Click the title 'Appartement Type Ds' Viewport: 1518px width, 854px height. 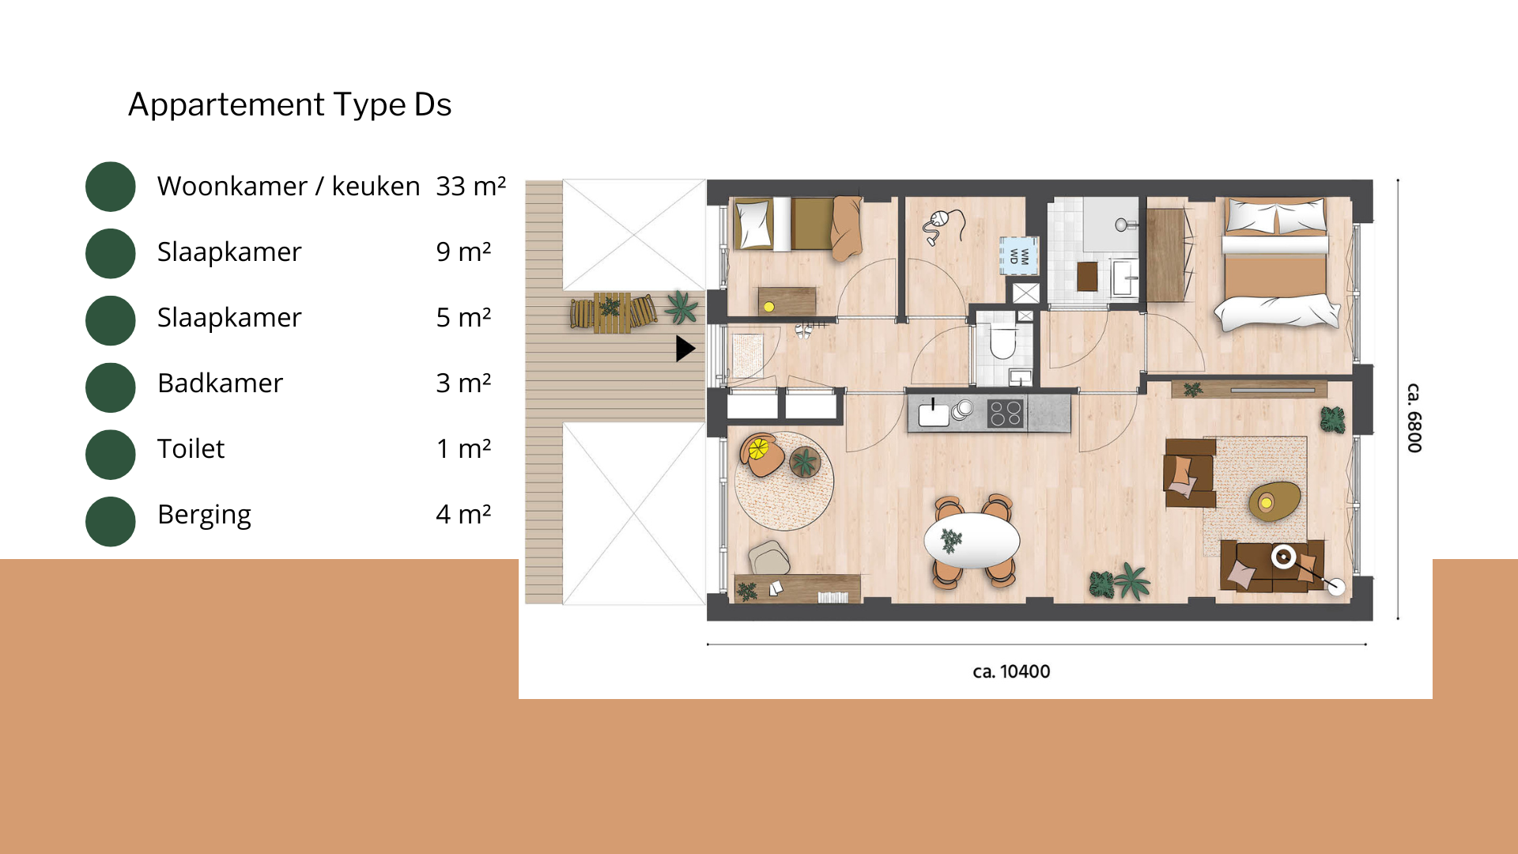tap(289, 104)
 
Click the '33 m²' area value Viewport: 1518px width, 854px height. tap(470, 186)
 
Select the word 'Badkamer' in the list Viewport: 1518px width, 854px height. tap(220, 383)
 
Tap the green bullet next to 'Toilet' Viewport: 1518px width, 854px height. tap(111, 455)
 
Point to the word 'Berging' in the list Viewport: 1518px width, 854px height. tap(204, 515)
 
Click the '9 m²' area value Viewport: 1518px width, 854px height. tap(463, 251)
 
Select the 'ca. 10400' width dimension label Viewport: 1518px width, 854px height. tap(1011, 671)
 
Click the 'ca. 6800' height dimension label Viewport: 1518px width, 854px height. tap(1414, 418)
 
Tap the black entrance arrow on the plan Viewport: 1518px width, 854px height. tap(685, 349)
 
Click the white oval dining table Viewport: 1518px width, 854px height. tap(972, 541)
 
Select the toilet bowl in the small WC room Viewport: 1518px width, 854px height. tap(1003, 342)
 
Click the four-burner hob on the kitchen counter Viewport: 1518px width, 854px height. tap(1006, 413)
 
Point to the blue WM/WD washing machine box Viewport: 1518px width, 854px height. tap(1018, 255)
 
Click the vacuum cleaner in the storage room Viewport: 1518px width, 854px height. tap(943, 225)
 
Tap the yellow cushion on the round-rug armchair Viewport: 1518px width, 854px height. tap(758, 449)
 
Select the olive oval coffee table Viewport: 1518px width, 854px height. tap(1274, 501)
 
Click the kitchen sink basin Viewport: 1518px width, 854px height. tap(933, 415)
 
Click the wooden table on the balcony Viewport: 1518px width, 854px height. tap(613, 313)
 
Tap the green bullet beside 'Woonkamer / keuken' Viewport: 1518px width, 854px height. tap(111, 187)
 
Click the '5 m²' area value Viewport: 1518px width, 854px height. tap(463, 317)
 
